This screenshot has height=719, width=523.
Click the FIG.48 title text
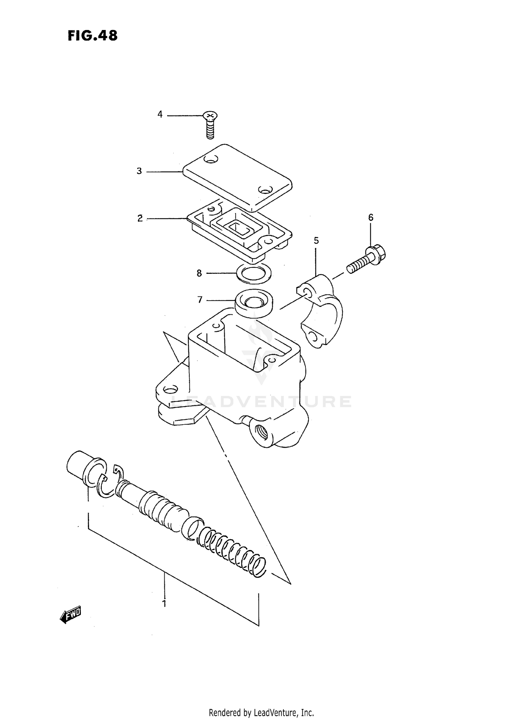[92, 36]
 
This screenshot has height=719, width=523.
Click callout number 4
[160, 114]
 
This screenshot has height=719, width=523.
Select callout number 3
[139, 171]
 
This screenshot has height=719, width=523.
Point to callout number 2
[140, 219]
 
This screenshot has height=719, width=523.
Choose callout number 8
[199, 273]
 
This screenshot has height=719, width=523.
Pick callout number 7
[200, 300]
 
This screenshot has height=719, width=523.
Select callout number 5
[316, 240]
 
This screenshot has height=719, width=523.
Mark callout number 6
[371, 218]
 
